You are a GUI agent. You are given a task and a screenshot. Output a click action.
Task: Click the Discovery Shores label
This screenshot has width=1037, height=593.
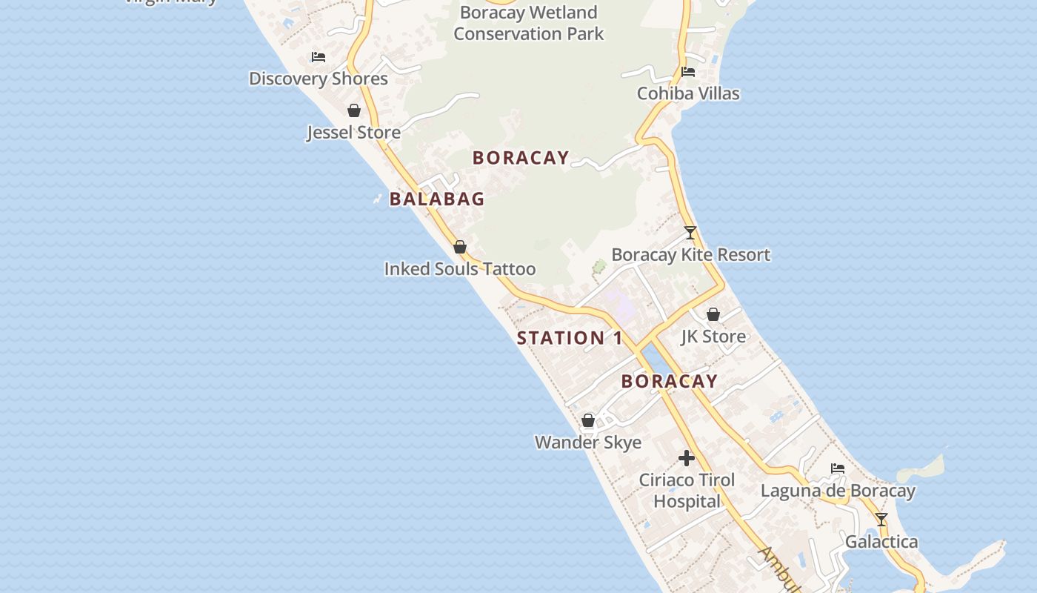(319, 79)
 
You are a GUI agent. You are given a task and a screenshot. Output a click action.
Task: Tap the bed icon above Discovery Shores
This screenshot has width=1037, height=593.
(319, 57)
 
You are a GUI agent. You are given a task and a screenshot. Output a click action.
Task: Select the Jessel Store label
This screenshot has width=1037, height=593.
(354, 133)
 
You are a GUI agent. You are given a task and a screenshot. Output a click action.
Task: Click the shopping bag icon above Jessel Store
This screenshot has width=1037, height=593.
(354, 110)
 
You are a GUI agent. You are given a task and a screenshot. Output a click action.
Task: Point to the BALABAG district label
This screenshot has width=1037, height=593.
(437, 199)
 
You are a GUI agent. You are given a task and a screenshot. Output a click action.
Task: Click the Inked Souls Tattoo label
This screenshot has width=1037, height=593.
(459, 269)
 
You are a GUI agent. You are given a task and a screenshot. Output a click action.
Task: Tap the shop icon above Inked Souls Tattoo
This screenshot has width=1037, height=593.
(460, 247)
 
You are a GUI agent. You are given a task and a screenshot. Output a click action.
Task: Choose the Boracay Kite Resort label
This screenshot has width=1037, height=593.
(690, 255)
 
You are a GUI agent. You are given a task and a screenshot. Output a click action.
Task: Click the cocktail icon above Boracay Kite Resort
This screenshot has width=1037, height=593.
(690, 233)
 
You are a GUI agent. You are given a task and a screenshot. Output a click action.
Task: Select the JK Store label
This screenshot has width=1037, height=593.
(713, 337)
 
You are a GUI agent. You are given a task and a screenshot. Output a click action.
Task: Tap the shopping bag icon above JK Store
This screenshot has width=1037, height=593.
(713, 314)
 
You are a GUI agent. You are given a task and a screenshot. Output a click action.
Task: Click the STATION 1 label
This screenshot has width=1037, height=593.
(570, 338)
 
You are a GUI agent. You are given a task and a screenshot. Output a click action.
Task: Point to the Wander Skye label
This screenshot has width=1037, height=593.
(588, 443)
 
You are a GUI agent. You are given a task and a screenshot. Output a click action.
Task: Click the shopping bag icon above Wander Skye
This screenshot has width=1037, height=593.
(588, 421)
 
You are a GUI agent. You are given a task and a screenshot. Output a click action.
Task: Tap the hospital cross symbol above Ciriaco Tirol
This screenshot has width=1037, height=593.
(687, 458)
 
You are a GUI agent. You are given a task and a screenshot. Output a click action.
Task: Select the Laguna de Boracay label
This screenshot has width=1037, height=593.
(838, 491)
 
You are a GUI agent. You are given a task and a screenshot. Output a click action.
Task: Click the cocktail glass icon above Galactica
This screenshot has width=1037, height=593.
(881, 520)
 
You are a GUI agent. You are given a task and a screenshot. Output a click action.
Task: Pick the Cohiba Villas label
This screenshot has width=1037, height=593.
(688, 93)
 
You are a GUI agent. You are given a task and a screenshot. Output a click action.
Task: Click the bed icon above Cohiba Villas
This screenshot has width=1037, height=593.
(688, 72)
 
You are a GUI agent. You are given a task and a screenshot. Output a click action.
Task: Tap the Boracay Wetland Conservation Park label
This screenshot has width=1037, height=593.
(528, 23)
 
